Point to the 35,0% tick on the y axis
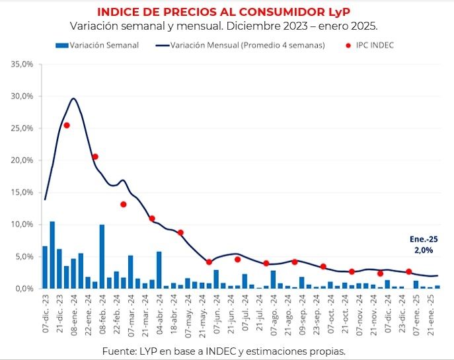click(x=22, y=65)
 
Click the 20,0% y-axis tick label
click(x=22, y=161)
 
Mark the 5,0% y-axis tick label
click(x=24, y=257)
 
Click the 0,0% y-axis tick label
click(x=24, y=289)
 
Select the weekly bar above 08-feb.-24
click(x=102, y=257)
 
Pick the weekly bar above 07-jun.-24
click(x=216, y=279)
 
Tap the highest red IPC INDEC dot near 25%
click(x=67, y=125)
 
